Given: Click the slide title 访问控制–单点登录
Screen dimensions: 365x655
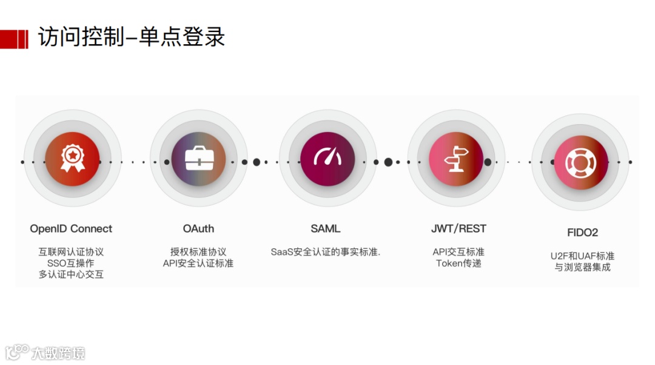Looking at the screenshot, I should coord(131,38).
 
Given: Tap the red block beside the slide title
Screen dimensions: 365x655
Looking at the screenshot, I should coord(14,39).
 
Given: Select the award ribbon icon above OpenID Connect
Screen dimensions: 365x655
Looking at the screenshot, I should coord(72,159).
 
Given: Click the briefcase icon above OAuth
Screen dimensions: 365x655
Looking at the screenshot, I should coord(198,159).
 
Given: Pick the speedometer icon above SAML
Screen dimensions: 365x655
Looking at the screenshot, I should coord(327,159).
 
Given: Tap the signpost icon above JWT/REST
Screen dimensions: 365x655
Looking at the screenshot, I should coord(455,160).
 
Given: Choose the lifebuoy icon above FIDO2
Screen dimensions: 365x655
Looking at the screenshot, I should coord(580,162).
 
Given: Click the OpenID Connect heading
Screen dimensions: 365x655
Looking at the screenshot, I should coord(71,229).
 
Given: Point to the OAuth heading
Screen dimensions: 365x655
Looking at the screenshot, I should coord(198,229).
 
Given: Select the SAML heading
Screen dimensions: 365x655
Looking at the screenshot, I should coord(326,229).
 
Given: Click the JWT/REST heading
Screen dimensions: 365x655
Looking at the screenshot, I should coord(458,229).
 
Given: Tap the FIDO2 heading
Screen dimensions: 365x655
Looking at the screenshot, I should coord(582,232).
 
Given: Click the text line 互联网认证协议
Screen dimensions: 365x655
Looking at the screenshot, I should coord(71,252).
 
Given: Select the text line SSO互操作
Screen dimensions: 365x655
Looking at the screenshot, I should coord(71,263).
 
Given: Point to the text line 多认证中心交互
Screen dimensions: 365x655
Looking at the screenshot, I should coord(71,275).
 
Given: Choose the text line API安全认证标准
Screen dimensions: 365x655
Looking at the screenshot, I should coord(198,263).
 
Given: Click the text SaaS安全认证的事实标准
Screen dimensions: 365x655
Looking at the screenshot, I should coord(326,252).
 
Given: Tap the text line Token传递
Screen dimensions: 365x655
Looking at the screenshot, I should coord(458,263).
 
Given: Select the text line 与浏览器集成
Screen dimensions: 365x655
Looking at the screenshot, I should coord(582,267).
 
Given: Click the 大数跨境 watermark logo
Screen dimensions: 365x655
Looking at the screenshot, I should coord(45,352).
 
